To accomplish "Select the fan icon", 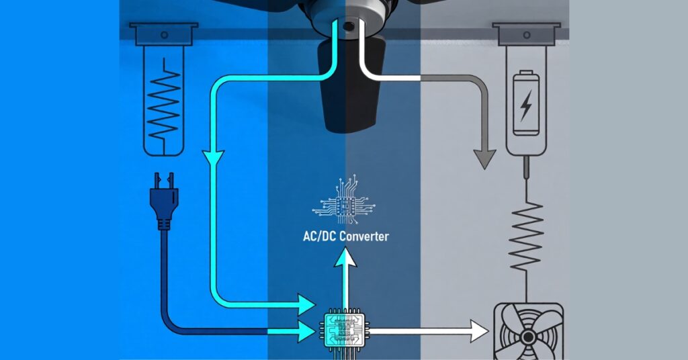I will tap(528, 334).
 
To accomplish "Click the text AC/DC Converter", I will tap(345, 236).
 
